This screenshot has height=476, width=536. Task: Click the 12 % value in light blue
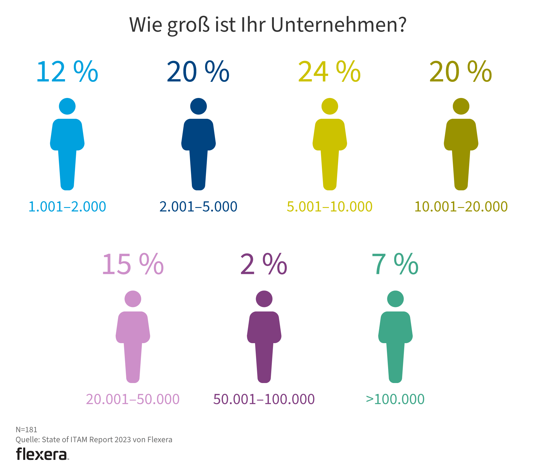point(67,72)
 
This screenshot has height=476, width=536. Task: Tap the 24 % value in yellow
point(330,72)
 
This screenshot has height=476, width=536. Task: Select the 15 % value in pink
point(133,265)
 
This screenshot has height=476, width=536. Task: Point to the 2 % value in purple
point(264,265)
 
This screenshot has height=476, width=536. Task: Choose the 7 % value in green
point(395,265)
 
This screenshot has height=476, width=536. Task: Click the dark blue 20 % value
point(198,72)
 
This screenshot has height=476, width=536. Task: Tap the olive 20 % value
point(461,72)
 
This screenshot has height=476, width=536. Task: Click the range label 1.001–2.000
point(67,207)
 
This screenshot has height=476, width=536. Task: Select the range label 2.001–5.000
point(198,207)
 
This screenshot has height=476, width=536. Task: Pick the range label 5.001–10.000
point(330,207)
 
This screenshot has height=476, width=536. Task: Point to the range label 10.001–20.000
point(461,207)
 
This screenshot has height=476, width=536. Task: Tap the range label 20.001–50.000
point(133,399)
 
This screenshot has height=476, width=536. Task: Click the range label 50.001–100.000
point(264,399)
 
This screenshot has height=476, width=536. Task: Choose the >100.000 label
point(395,399)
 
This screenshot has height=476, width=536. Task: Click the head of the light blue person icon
point(67,106)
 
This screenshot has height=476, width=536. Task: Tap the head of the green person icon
point(395,299)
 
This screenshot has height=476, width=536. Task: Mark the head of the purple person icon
point(264,299)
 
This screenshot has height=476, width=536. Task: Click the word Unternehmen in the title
point(339,25)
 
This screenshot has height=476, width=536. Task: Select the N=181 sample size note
point(26,430)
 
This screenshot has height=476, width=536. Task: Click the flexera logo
point(42,454)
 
